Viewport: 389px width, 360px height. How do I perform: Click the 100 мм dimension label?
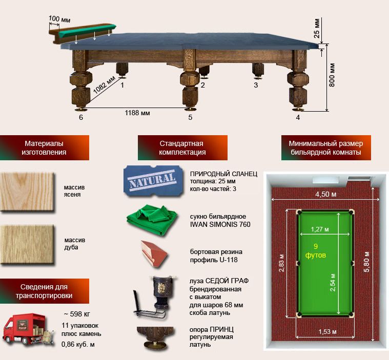59,19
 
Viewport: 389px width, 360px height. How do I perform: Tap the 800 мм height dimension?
332,75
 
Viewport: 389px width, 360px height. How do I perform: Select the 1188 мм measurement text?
137,113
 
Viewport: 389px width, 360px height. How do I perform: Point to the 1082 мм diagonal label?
104,85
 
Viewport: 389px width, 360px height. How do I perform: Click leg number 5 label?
190,117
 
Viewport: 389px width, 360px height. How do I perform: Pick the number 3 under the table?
256,85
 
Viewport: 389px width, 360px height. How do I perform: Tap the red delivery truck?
28,329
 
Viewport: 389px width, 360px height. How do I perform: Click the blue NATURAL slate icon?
153,181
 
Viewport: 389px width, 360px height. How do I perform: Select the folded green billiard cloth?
152,219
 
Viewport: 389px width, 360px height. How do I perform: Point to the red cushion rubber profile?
154,253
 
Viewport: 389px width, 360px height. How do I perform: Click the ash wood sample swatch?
27,192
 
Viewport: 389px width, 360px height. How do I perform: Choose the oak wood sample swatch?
27,244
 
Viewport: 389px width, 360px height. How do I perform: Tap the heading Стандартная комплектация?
182,147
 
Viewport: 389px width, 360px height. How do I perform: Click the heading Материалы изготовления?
44,147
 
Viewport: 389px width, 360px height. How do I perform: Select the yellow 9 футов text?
315,250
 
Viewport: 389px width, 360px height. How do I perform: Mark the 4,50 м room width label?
326,194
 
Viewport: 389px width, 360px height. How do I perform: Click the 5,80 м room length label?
366,262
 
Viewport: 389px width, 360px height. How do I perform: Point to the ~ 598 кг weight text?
77,314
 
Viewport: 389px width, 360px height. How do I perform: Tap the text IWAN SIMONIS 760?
220,224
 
